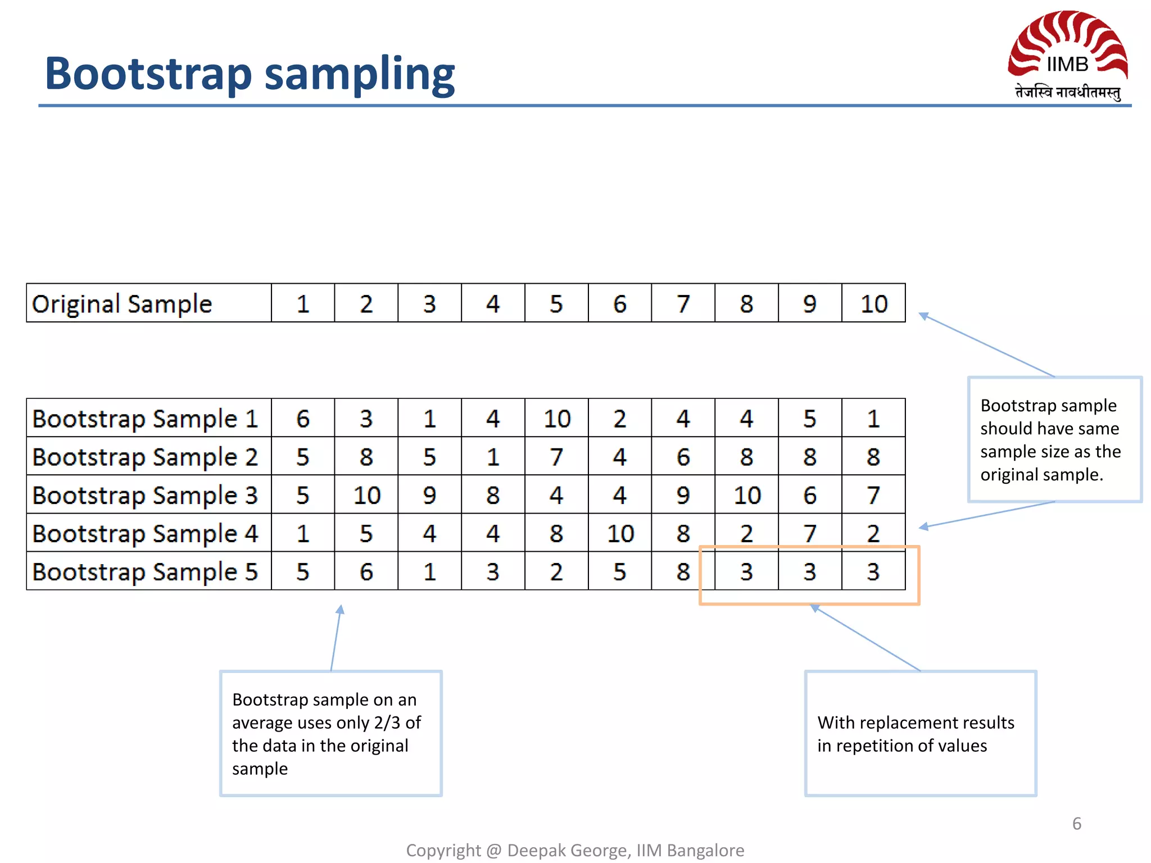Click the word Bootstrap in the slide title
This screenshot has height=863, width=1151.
148,74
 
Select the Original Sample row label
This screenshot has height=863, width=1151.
122,304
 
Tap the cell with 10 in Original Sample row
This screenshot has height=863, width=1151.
873,304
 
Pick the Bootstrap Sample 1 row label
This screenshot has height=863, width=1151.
145,419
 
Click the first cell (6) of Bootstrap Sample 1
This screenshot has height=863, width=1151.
303,419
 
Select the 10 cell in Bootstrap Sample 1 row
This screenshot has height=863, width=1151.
556,419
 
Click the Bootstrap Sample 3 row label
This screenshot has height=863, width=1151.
145,496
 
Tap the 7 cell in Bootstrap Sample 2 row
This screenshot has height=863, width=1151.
556,457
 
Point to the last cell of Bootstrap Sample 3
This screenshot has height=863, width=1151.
873,496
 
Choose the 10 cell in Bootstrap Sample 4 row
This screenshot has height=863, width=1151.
620,534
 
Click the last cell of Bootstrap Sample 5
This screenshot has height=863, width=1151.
873,572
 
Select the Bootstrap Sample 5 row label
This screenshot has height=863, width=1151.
145,572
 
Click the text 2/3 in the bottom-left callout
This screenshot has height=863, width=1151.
387,723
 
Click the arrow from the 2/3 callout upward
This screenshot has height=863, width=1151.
336,638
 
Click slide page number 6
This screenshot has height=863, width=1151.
1076,824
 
